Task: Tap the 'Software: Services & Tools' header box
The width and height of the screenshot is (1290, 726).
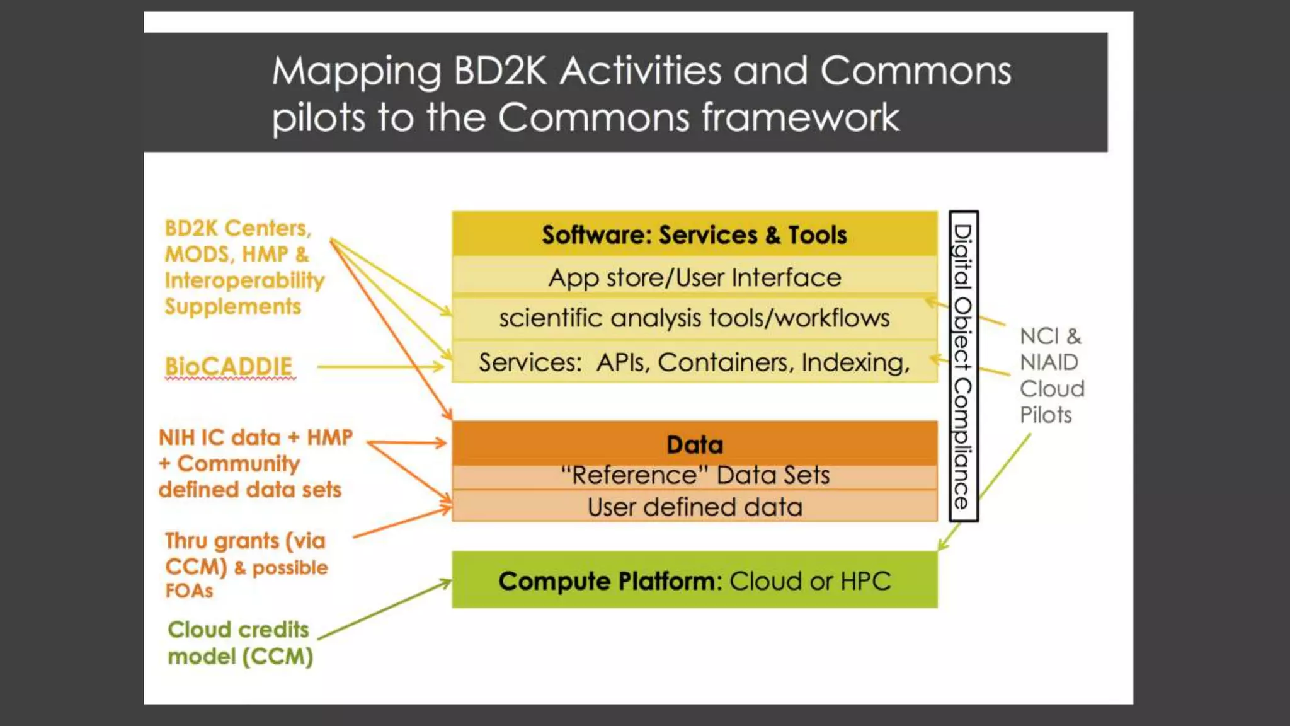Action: pos(694,234)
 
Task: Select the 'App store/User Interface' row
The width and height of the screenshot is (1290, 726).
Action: pos(694,277)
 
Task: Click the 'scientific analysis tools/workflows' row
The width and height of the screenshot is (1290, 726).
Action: pos(694,318)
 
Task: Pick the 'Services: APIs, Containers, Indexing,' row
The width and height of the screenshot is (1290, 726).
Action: pos(694,362)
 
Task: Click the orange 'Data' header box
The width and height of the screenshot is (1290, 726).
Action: pos(694,444)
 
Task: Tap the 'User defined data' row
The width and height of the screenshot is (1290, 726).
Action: pos(694,507)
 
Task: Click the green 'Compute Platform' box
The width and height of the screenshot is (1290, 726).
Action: pos(694,580)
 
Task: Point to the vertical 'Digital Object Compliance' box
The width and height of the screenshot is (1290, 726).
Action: pos(963,366)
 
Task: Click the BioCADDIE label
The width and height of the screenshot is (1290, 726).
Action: pos(229,366)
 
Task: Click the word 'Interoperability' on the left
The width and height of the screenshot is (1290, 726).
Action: pos(244,280)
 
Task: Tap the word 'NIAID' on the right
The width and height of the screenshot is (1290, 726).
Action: pos(1049,362)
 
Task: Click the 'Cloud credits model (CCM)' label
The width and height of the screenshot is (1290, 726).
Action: pos(239,643)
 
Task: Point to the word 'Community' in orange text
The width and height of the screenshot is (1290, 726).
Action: pos(238,464)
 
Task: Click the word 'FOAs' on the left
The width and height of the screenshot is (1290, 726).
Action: pos(189,591)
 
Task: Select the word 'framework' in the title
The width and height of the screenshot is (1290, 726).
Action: pos(800,118)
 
